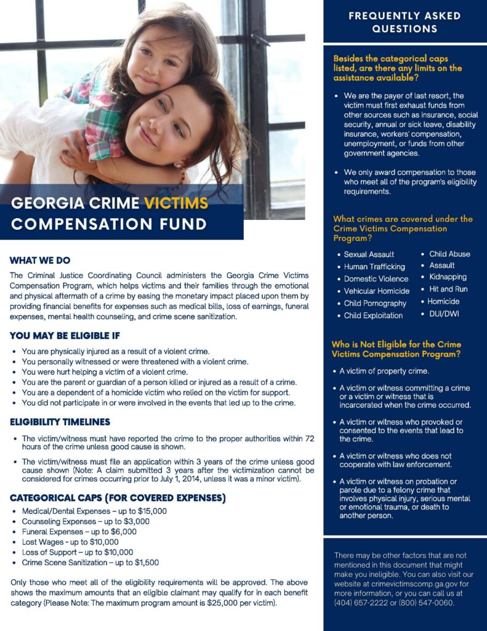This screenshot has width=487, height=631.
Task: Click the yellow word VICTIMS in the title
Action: click(176, 203)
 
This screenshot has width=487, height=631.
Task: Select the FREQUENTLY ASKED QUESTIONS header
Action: click(404, 22)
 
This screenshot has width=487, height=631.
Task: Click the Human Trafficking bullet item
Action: click(374, 267)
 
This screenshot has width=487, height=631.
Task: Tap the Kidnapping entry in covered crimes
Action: click(448, 277)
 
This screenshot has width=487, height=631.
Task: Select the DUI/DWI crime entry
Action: click(444, 314)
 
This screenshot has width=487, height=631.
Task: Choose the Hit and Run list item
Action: click(448, 289)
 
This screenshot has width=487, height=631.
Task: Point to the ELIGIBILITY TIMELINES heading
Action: click(60, 422)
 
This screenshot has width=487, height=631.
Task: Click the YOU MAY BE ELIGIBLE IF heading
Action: click(65, 336)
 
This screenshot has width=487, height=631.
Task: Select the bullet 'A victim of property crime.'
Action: click(384, 372)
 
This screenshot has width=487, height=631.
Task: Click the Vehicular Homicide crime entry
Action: click(376, 291)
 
